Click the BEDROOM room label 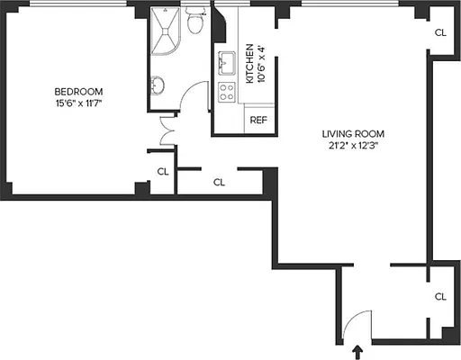click(78, 91)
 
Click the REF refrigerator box click(258, 119)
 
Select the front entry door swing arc click(358, 321)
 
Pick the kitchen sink click(225, 64)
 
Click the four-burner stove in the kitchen click(227, 91)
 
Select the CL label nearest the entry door click(440, 296)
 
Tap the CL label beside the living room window click(440, 32)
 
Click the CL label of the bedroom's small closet click(162, 171)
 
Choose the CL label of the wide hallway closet click(219, 181)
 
